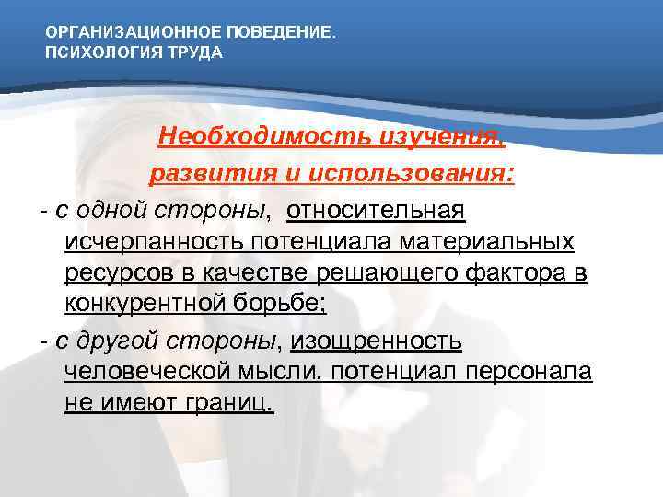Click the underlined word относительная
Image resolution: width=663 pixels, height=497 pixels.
(x=377, y=211)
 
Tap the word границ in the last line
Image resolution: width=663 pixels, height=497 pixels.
(x=223, y=405)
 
